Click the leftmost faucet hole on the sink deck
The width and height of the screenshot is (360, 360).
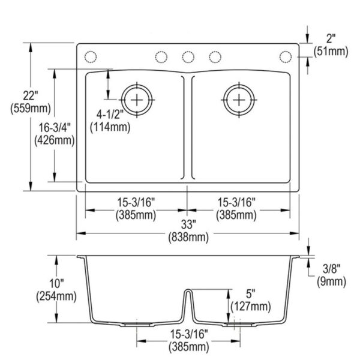coord(91,57)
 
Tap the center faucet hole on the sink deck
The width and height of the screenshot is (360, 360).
coord(188,57)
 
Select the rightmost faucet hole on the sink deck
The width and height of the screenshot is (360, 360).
coord(285,57)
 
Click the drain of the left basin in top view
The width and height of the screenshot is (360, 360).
coord(137,98)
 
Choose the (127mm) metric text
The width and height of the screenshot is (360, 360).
coord(250,307)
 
